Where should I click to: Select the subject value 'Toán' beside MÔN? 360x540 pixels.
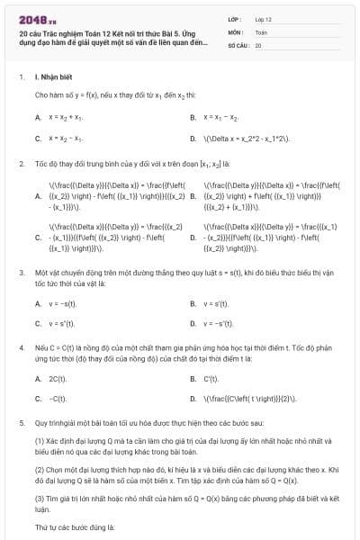261,31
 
